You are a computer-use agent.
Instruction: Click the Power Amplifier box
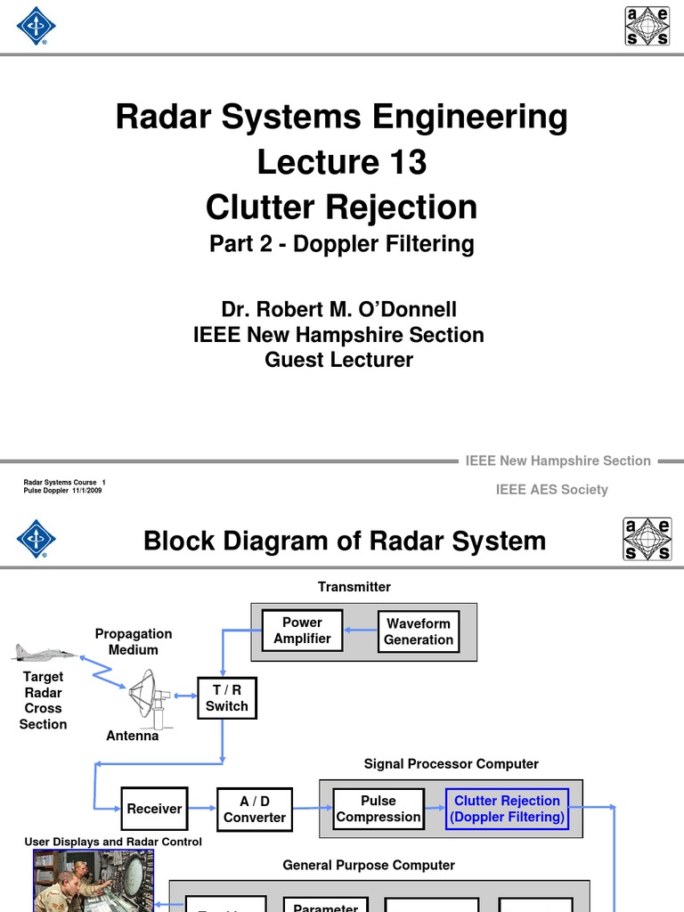click(x=302, y=631)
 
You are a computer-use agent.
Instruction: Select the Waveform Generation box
click(x=419, y=631)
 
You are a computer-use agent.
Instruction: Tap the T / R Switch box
click(x=226, y=697)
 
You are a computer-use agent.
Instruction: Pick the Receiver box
click(x=154, y=809)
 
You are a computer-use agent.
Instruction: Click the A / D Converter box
click(x=255, y=809)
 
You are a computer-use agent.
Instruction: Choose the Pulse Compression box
click(x=379, y=809)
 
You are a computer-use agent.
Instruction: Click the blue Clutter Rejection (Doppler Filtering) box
click(x=507, y=809)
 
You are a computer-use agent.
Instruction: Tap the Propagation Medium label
click(x=134, y=641)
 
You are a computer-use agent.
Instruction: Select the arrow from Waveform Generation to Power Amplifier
click(x=360, y=631)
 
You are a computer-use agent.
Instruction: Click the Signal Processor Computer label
click(x=451, y=764)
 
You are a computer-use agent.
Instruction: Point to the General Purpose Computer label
click(x=369, y=865)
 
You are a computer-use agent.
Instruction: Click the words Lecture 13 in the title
click(x=342, y=162)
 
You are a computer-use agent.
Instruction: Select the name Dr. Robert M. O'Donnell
click(x=338, y=309)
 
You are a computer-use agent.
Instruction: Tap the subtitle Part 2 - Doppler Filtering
click(x=342, y=244)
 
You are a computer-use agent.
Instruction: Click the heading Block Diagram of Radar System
click(x=345, y=540)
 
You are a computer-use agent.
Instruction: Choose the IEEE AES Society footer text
click(x=551, y=490)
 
